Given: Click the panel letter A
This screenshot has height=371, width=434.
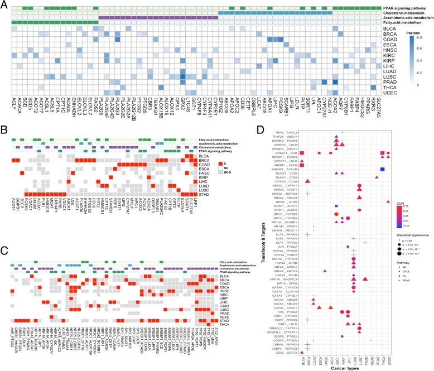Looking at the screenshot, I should point(3,4).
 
